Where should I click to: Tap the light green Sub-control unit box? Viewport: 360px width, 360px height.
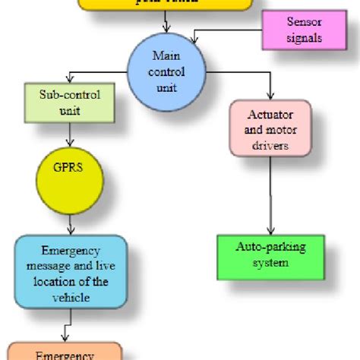click(x=70, y=104)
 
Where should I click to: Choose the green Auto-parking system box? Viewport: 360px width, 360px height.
click(x=271, y=256)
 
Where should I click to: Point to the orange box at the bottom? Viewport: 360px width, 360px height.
click(x=65, y=351)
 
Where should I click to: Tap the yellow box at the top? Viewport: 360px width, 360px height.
click(x=165, y=5)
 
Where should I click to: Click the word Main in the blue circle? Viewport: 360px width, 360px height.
click(x=165, y=55)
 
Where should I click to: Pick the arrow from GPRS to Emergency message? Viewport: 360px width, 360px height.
click(x=70, y=224)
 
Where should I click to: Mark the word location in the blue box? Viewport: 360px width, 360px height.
click(x=52, y=282)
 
